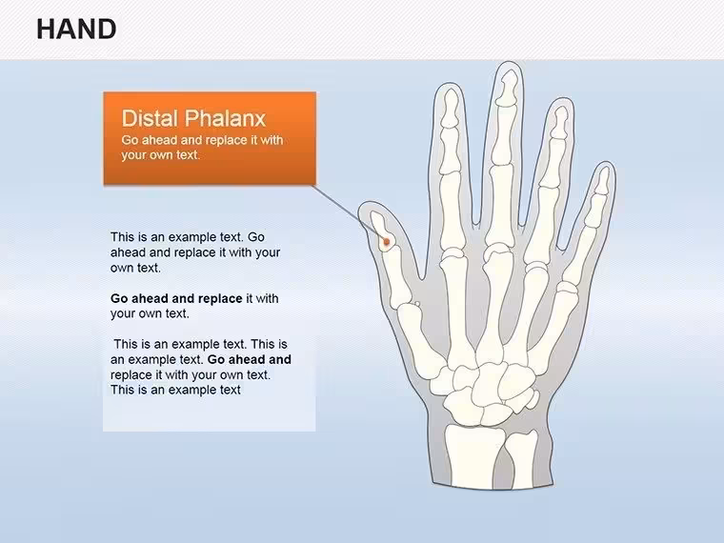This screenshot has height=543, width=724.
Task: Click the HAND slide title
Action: pos(76,30)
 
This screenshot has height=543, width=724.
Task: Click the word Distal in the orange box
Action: pos(150,118)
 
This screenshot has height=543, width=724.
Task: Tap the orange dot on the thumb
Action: pos(387,241)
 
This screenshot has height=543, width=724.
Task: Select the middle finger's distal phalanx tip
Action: pos(508,89)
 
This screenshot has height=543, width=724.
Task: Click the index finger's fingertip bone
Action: pos(450,109)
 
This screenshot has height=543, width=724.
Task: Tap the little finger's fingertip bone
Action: pos(603,181)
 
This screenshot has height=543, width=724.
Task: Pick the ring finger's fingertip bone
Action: pos(560,123)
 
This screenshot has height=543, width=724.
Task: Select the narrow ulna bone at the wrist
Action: pos(520,459)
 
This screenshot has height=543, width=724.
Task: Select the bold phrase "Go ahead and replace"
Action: pos(176,299)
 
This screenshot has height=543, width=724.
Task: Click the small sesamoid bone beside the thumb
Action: pos(417,304)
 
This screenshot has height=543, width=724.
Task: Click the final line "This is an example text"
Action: pos(175,391)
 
